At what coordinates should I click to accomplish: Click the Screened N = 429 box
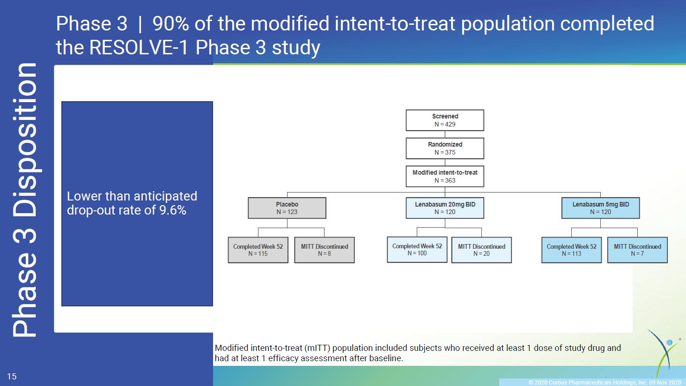click(x=445, y=120)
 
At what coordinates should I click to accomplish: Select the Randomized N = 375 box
click(x=445, y=148)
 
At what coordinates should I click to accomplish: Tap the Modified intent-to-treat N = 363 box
click(x=445, y=177)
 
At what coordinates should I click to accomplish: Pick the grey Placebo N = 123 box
click(x=287, y=208)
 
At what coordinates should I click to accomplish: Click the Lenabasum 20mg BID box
click(x=445, y=208)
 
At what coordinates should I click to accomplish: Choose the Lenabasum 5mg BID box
click(x=601, y=208)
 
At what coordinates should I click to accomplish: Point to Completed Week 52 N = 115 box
click(x=258, y=250)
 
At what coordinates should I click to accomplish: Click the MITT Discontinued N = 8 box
click(x=325, y=250)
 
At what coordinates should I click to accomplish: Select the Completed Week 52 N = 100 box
click(x=417, y=250)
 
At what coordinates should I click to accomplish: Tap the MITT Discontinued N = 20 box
click(x=481, y=250)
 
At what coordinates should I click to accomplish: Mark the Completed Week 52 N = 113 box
click(x=571, y=250)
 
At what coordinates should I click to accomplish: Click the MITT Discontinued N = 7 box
click(x=637, y=250)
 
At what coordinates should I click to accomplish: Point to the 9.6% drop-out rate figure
click(x=173, y=210)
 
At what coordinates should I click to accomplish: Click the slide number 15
click(x=12, y=377)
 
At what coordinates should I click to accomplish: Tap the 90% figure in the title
click(x=170, y=23)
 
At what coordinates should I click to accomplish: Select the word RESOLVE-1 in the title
click(x=139, y=47)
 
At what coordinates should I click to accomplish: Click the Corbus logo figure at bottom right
click(x=664, y=352)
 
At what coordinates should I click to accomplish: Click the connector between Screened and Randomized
click(x=445, y=134)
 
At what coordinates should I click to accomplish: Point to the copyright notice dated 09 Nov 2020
click(x=605, y=382)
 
